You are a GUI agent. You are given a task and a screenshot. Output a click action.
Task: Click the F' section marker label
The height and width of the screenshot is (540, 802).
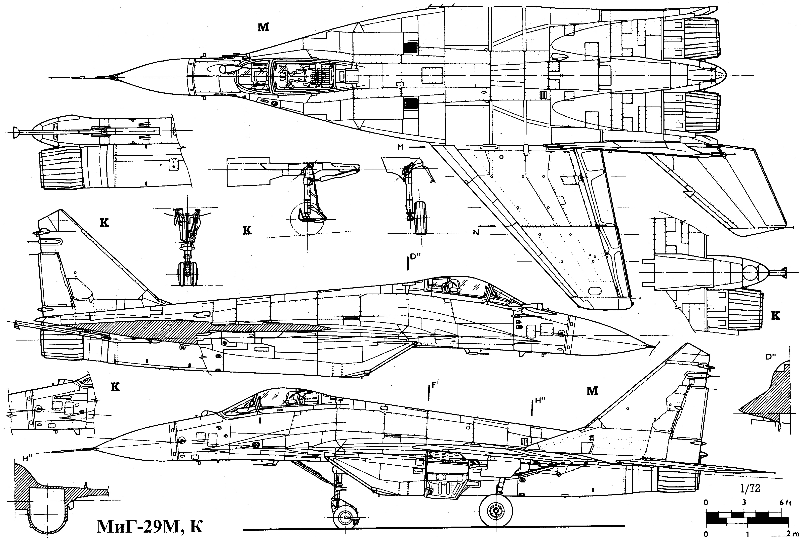[x=434, y=386]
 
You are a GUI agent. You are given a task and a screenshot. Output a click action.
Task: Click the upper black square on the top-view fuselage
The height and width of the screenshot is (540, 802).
[x=410, y=48]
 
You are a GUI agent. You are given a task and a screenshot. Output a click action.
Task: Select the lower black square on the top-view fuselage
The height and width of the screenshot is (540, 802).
[x=410, y=103]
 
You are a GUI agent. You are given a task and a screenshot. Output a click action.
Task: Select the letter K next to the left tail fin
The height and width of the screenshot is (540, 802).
[x=104, y=223]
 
